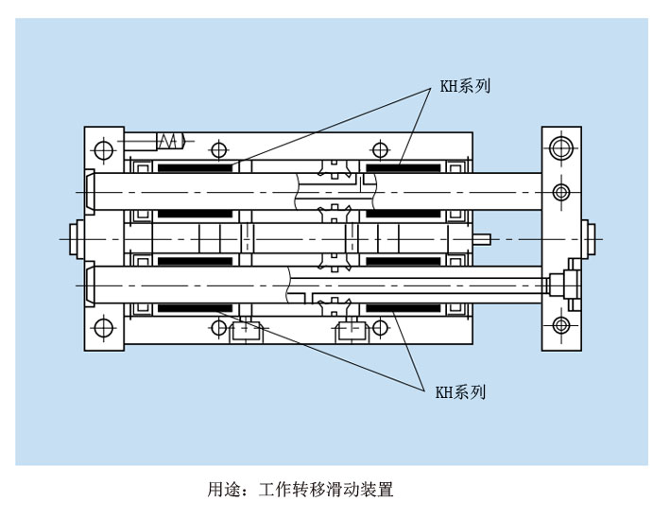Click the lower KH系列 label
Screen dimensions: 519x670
[x=460, y=392]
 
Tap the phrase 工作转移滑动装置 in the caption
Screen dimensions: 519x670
[x=324, y=490]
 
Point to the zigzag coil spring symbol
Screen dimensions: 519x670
[x=169, y=141]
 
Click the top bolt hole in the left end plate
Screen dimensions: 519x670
[x=103, y=148]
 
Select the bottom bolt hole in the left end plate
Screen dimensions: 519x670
[x=102, y=328]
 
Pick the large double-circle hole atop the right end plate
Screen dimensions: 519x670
[x=561, y=147]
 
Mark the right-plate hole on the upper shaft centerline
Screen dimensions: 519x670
[x=561, y=193]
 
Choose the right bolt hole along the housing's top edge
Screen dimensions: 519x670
[x=380, y=149]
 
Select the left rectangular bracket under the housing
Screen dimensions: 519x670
[x=246, y=331]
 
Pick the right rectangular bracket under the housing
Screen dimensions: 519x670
[x=352, y=331]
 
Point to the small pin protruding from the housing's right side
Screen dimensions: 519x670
[x=483, y=238]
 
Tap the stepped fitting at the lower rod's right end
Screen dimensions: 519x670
[x=565, y=283]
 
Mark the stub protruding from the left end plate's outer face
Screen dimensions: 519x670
[x=77, y=238]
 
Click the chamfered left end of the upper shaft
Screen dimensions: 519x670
[x=89, y=192]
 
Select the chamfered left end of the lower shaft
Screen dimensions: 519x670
[x=89, y=285]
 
